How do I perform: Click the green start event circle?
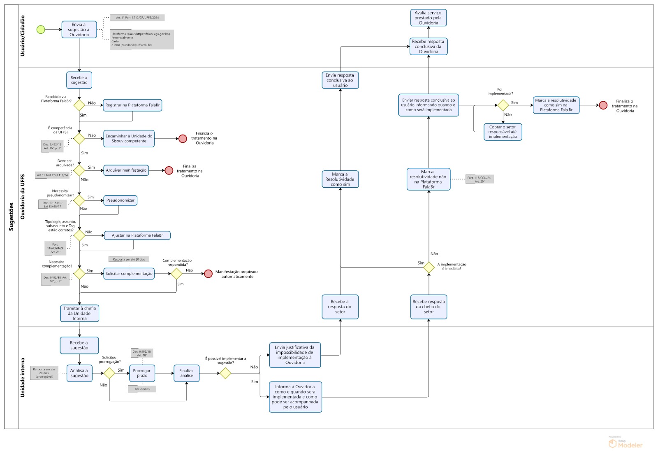point(41,30)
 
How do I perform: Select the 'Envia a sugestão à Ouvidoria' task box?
point(79,30)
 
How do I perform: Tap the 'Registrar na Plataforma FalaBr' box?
point(132,105)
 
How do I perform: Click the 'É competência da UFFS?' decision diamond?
point(79,138)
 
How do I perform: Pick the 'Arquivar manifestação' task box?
point(126,170)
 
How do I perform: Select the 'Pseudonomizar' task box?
point(120,200)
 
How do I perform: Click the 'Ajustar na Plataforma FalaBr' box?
point(137,235)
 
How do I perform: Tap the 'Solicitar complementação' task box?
point(129,274)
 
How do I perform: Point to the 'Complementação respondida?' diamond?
point(176,274)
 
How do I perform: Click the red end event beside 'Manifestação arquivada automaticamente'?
point(208,274)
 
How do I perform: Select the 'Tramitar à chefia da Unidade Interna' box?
point(79,313)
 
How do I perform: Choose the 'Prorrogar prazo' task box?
point(142,373)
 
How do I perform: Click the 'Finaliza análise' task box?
point(186,373)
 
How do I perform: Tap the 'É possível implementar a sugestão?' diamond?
point(225,373)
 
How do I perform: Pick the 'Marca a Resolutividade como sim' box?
point(340,179)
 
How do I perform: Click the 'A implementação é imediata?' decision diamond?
point(429,268)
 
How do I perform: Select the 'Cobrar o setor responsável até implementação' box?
point(503,132)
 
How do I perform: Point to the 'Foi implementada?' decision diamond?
point(503,105)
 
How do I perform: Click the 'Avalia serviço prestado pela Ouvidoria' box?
point(429,18)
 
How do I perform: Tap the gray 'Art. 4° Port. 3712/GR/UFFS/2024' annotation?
point(137,18)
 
